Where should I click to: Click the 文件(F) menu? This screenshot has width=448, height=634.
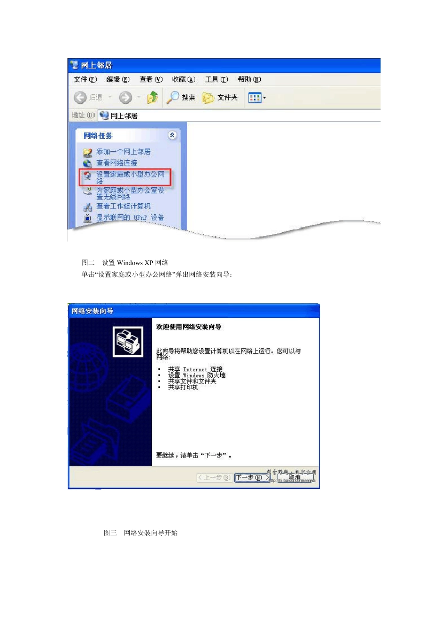(85, 79)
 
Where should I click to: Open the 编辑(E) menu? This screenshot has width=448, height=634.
(117, 79)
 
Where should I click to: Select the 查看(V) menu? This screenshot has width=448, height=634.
(150, 79)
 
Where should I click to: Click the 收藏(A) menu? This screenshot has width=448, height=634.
(183, 79)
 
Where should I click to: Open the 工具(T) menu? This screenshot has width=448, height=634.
(216, 79)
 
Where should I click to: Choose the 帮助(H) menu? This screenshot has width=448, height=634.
(249, 79)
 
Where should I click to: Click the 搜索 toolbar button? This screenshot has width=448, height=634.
(181, 98)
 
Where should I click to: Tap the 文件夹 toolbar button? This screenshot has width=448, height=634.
(220, 98)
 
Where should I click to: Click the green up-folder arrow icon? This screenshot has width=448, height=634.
(152, 98)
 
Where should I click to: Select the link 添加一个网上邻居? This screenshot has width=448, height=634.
(123, 151)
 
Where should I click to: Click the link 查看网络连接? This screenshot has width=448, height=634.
(116, 163)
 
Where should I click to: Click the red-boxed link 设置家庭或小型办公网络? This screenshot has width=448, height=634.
(130, 177)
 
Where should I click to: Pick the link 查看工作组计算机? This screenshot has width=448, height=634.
(123, 206)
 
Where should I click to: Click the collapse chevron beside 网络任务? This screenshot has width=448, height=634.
(172, 135)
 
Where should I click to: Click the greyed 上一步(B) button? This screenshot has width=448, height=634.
(214, 477)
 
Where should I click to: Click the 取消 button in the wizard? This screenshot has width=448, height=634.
(295, 477)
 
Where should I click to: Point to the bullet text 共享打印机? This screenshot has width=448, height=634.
(183, 387)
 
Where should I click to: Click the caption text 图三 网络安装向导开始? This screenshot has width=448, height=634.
(141, 533)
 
